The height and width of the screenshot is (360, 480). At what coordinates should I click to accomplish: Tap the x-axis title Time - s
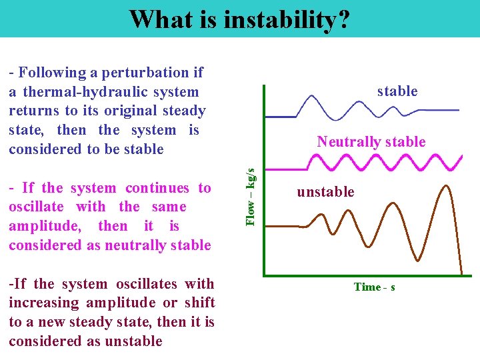point(374,287)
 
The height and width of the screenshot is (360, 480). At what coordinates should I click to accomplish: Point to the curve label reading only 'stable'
point(397,91)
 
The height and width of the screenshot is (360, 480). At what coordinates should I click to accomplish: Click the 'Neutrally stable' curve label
point(371,141)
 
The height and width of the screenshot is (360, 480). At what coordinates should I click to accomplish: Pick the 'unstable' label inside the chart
point(325,192)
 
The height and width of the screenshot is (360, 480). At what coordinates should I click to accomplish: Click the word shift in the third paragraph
point(199,303)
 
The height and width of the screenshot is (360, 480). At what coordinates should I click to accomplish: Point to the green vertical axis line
point(265,180)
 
